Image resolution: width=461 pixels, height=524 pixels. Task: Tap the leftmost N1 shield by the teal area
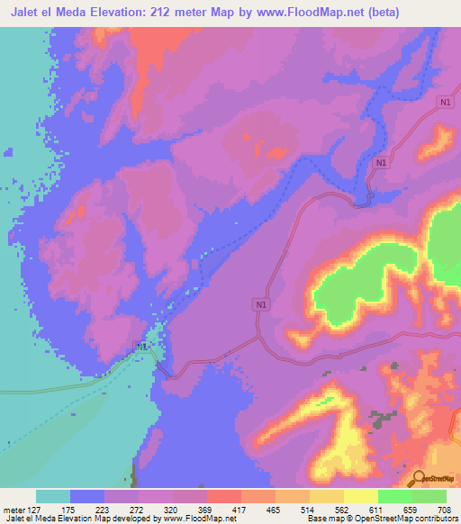[x=141, y=347]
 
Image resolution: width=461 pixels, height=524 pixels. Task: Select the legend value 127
[x=36, y=510]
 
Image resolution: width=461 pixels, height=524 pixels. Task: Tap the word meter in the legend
[x=13, y=510]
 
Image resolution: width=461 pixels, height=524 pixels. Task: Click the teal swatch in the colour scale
[x=53, y=496]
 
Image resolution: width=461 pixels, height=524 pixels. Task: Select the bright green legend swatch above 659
[x=395, y=496]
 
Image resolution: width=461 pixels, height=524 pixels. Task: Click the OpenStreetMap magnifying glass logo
[x=418, y=478]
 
